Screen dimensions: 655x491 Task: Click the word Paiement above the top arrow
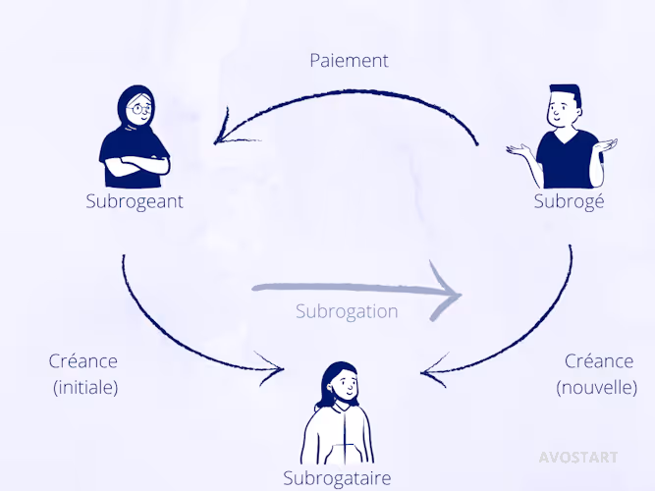point(349,60)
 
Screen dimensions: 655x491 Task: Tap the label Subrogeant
point(135,201)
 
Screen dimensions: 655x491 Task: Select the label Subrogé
point(569,202)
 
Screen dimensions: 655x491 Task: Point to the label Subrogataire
point(337,478)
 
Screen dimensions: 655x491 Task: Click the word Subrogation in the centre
point(347,311)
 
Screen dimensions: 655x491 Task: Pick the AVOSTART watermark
point(578,457)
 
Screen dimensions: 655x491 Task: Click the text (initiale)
point(85,387)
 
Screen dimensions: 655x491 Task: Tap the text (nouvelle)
point(596,387)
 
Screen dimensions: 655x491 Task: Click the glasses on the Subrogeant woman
point(140,109)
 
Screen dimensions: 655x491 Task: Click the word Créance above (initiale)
point(83,361)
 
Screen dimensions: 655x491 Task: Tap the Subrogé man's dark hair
point(564,94)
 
